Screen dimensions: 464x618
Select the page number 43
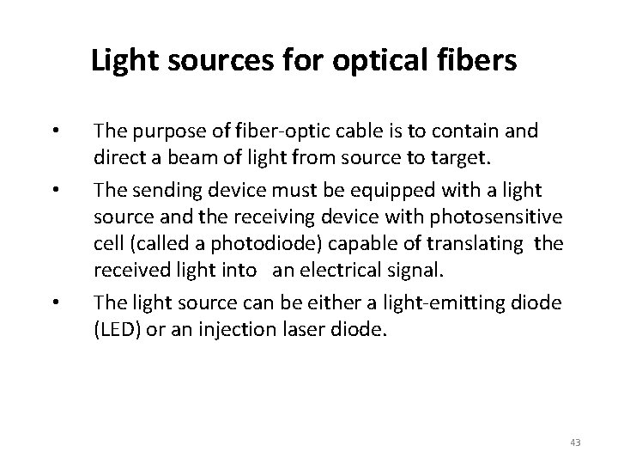click(575, 442)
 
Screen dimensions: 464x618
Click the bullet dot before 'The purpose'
click(53, 131)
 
